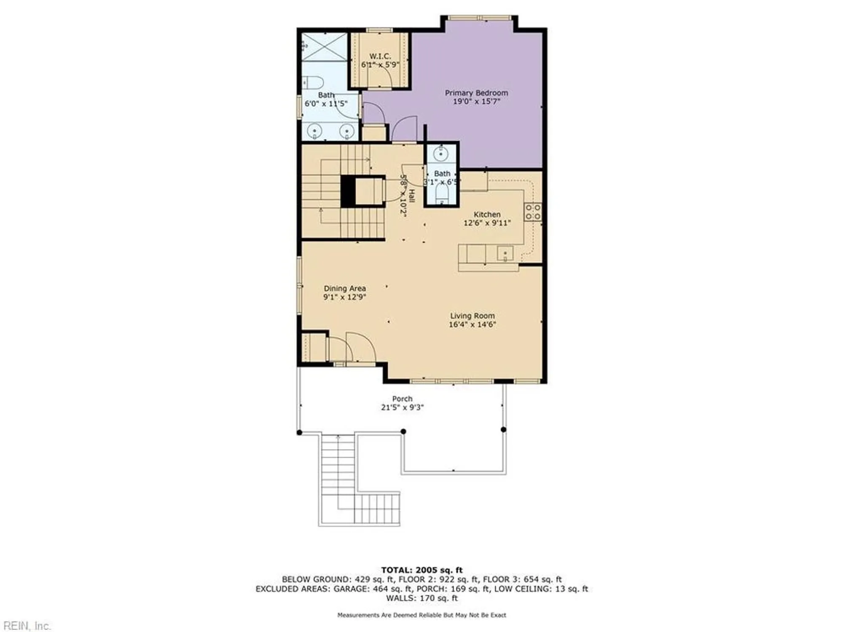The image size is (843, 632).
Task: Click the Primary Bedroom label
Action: pos(476,93)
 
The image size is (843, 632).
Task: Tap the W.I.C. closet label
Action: pos(380,56)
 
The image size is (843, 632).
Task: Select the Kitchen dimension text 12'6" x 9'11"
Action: pos(487,223)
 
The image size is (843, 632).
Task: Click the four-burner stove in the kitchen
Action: pos(533,212)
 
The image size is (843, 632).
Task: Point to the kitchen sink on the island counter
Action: pos(505,254)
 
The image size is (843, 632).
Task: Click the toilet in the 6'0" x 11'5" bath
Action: pos(313,82)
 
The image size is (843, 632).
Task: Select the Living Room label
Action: pos(472,316)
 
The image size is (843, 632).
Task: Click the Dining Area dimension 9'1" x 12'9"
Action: pos(344,297)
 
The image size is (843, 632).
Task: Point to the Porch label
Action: pos(402,399)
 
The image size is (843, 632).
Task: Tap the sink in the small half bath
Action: pos(440,154)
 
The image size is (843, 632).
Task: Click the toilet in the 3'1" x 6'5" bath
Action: pos(441,195)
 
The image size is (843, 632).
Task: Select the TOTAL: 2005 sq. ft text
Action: pos(421,570)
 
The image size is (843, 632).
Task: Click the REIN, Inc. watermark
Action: pos(26,626)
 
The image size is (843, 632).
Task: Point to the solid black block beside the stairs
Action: pos(348,191)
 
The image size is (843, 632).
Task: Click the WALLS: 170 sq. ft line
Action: pos(421,598)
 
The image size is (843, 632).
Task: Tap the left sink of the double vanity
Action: pos(314,131)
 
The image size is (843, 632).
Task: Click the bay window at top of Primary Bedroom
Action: pos(479,18)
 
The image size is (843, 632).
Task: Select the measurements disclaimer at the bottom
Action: pos(421,615)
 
